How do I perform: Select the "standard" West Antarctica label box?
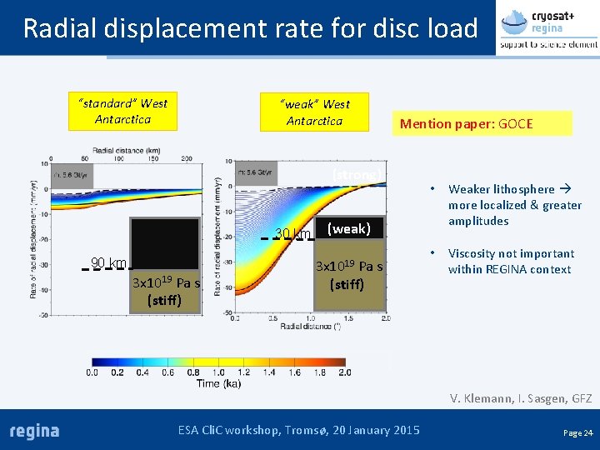[x=122, y=112]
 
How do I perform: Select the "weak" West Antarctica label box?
[x=314, y=112]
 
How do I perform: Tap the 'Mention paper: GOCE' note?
[x=466, y=124]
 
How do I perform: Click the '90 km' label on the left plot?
[x=108, y=264]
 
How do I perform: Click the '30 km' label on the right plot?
[x=292, y=234]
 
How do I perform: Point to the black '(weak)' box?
[x=348, y=228]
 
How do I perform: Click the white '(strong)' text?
[x=357, y=174]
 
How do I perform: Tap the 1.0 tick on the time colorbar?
[x=218, y=372]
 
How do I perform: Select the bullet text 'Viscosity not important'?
[x=511, y=261]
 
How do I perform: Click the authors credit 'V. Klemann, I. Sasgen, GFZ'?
[x=521, y=398]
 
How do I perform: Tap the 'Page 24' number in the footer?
[x=577, y=432]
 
